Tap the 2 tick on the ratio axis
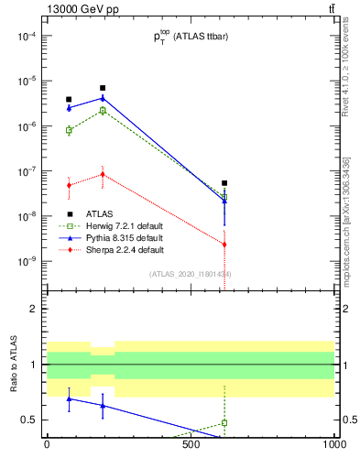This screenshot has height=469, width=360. tap(34, 309)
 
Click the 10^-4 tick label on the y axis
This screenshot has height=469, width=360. tap(27, 36)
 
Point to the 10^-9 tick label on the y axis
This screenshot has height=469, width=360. tap(27, 261)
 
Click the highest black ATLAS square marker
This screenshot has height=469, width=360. tap(103, 88)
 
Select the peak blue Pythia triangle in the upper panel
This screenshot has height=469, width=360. tap(103, 97)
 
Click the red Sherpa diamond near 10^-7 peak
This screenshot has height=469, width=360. tap(103, 174)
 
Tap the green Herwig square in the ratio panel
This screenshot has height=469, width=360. tap(224, 423)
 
